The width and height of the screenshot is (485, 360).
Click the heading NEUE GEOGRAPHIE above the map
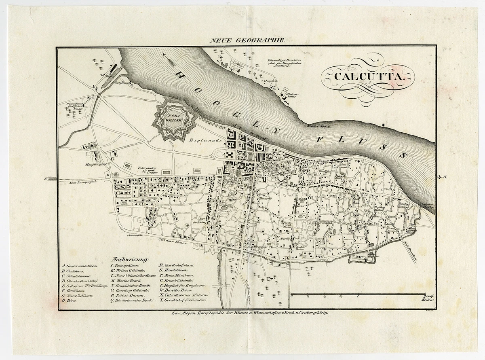pyautogui.click(x=247, y=40)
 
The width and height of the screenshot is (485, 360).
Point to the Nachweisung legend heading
pyautogui.click(x=131, y=258)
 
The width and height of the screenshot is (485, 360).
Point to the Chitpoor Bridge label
pyautogui.click(x=427, y=206)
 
